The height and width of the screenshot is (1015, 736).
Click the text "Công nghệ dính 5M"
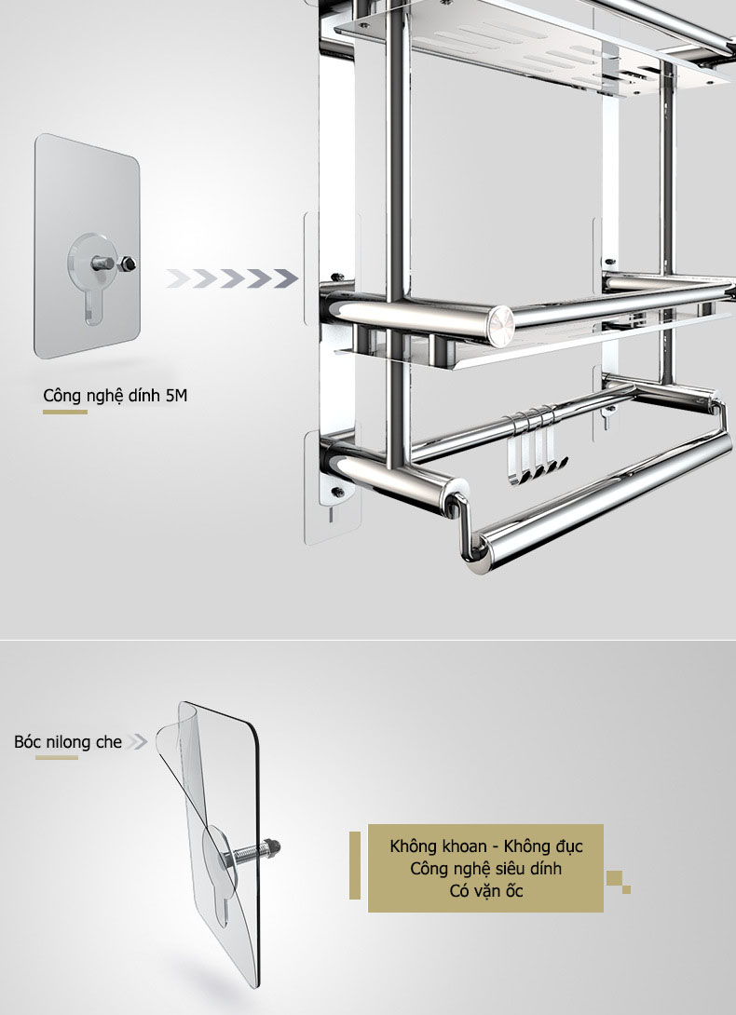tap(116, 396)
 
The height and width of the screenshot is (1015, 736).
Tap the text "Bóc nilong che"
tap(68, 742)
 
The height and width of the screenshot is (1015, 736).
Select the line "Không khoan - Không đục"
tap(486, 846)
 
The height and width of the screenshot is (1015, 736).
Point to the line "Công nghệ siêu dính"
tap(486, 868)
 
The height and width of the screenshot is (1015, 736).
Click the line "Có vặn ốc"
tap(486, 891)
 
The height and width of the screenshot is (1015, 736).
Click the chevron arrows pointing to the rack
tap(232, 278)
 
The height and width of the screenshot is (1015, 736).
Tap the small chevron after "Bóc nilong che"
tap(137, 741)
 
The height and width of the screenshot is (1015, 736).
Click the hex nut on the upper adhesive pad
tap(127, 264)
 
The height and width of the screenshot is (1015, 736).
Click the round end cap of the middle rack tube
tap(500, 321)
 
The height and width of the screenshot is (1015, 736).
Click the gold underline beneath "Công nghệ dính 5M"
tap(65, 412)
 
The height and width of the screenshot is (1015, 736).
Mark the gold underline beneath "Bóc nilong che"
tap(57, 757)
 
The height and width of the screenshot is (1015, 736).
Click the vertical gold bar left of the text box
tap(354, 865)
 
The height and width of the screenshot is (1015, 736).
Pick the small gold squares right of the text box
tap(619, 882)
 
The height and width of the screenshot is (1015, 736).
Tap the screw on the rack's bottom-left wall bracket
tap(337, 492)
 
